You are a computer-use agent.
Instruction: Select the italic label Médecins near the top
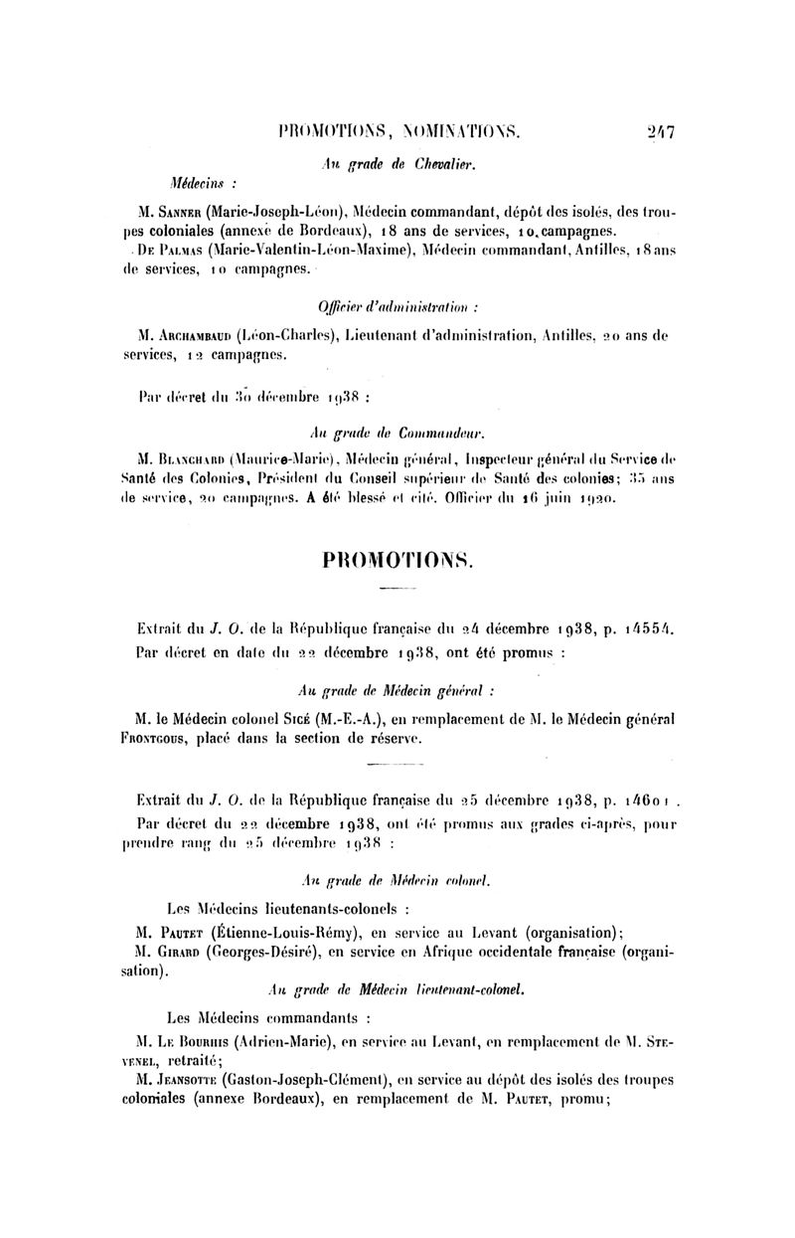pyautogui.click(x=199, y=184)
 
